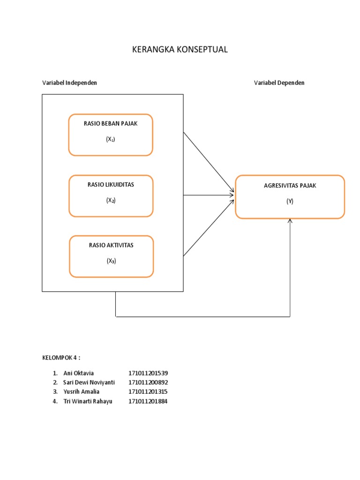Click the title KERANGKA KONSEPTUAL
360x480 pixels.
[x=180, y=50]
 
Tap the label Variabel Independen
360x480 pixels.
[x=70, y=82]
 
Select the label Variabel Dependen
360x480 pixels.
[x=279, y=82]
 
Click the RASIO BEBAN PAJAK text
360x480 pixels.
[x=111, y=124]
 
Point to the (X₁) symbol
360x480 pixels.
[x=111, y=139]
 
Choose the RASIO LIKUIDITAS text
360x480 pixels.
[x=111, y=185]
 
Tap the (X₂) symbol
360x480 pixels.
[x=111, y=200]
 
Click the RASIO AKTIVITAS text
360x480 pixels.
[x=111, y=245]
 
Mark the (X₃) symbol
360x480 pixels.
[x=111, y=261]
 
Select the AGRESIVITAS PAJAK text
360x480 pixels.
[x=290, y=186]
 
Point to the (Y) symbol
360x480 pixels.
[x=290, y=201]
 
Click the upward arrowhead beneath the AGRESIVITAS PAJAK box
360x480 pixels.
[x=290, y=221]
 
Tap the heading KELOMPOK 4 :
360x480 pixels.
[x=61, y=358]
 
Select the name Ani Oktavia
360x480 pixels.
[x=79, y=373]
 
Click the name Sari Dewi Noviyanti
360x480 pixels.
[x=89, y=382]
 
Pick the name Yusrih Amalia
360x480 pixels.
[x=82, y=391]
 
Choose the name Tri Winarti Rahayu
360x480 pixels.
[x=88, y=401]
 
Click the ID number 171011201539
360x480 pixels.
[x=148, y=373]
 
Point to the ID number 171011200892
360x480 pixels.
[x=148, y=382]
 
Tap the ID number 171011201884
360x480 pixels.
[x=148, y=401]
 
